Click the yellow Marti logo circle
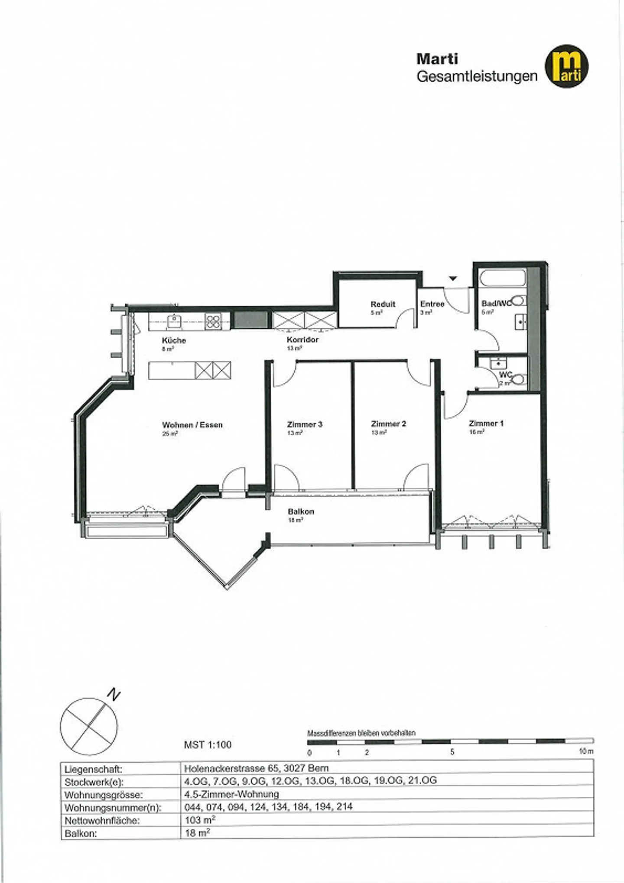(x=566, y=66)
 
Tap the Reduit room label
(x=383, y=304)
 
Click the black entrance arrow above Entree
(x=453, y=278)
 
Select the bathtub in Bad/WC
(x=503, y=278)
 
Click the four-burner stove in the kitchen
(x=213, y=321)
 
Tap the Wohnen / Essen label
(x=192, y=425)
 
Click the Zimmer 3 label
(x=305, y=424)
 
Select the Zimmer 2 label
(x=388, y=424)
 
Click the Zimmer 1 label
(x=486, y=423)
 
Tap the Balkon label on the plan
(x=301, y=511)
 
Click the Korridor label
(x=302, y=340)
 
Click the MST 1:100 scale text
(x=208, y=745)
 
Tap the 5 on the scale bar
(x=452, y=752)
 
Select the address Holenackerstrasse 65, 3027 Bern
(x=256, y=768)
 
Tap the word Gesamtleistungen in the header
(x=477, y=76)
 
